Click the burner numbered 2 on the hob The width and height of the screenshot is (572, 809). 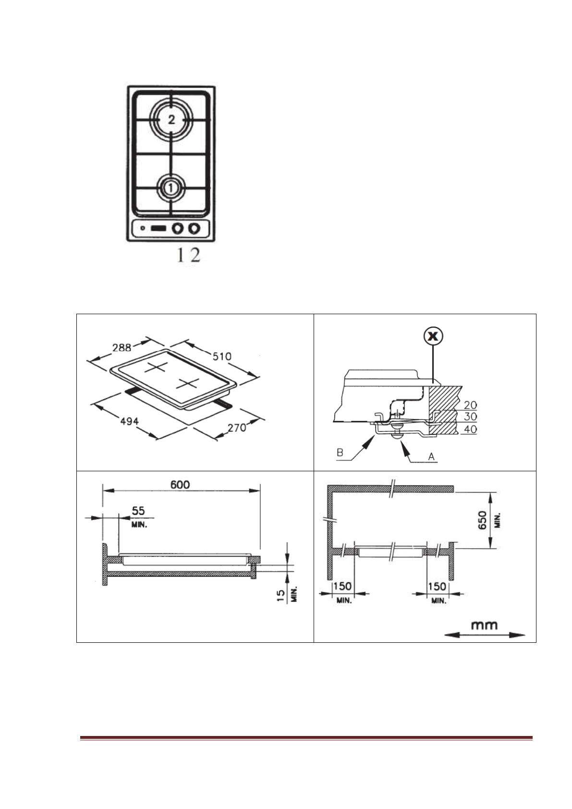[171, 120]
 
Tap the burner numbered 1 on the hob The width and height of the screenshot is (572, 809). [171, 187]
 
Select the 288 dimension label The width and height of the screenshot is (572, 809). [122, 347]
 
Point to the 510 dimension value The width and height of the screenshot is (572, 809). [221, 356]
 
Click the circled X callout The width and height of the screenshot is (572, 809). [433, 337]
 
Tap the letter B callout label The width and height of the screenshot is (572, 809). [340, 453]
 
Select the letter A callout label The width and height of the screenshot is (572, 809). [431, 456]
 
